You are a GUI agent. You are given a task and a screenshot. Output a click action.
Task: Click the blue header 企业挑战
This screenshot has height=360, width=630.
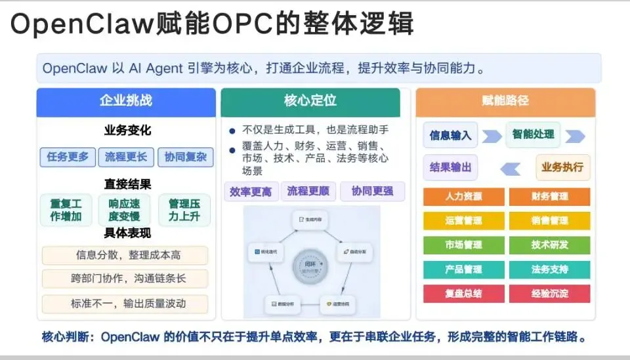126,102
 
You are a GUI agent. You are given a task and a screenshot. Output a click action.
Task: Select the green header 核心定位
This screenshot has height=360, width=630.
310,102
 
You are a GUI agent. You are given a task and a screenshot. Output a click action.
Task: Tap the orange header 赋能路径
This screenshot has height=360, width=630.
505,102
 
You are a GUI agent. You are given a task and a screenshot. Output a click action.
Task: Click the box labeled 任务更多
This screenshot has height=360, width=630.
68,157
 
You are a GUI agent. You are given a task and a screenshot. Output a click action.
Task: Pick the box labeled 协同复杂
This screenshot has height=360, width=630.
186,157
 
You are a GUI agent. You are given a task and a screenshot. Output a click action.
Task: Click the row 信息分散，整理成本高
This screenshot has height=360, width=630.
125,255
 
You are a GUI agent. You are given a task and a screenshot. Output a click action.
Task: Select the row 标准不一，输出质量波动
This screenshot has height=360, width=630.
125,304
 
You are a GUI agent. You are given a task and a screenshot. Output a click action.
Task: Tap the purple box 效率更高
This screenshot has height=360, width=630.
250,191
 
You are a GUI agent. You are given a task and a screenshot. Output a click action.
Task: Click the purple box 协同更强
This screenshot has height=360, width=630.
372,191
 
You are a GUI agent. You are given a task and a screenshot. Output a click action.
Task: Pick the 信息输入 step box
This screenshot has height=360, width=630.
450,136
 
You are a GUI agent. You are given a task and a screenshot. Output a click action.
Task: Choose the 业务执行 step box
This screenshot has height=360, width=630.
562,167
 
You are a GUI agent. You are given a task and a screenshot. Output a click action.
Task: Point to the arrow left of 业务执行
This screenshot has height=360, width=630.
510,169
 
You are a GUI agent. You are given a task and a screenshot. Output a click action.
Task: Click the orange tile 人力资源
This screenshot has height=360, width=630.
463,197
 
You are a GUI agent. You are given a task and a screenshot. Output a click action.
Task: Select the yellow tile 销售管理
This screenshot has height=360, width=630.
549,221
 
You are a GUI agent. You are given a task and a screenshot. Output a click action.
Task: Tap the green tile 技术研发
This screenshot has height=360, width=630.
549,245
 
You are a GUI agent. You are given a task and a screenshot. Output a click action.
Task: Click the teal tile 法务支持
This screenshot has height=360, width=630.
549,270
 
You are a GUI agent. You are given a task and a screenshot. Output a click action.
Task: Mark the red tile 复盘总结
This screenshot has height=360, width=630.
463,294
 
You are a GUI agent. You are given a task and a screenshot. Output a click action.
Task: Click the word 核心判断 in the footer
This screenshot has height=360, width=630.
63,338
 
